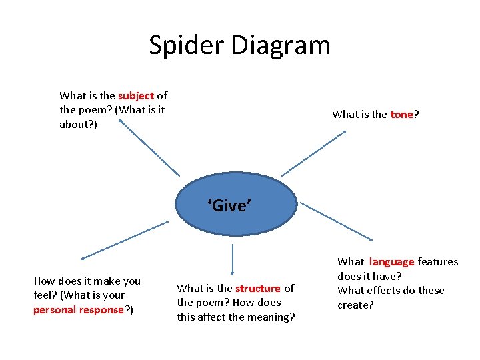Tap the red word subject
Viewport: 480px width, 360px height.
coord(136,96)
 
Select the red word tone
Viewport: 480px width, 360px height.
coord(401,115)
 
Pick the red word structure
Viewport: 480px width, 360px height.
coord(258,289)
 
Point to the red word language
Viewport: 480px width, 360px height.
coord(392,262)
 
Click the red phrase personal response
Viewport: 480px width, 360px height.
coord(79,310)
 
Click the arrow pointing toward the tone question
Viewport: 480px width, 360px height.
coord(314,153)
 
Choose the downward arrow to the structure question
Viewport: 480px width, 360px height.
coord(233,260)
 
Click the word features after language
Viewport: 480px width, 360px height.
coord(438,262)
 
